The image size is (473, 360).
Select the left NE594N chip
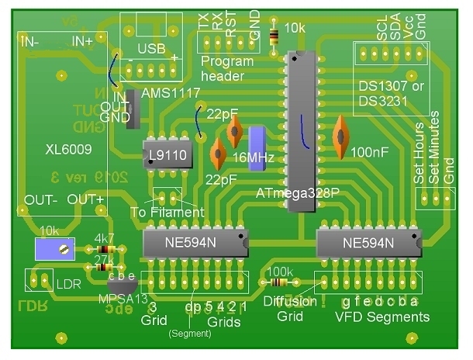click(x=195, y=244)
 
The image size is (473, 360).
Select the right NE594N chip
click(x=368, y=244)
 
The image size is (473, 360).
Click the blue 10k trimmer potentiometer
click(x=55, y=249)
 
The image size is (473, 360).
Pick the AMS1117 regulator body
click(x=132, y=109)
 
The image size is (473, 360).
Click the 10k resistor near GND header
click(x=273, y=35)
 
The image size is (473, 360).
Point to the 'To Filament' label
click(x=167, y=212)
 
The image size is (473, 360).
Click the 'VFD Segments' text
click(x=382, y=317)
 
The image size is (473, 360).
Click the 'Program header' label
click(x=226, y=68)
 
